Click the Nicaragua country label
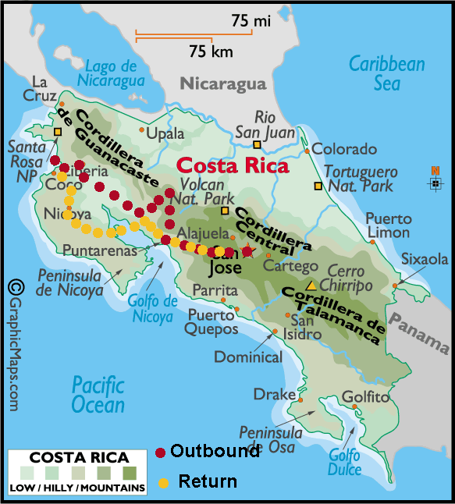[223, 83]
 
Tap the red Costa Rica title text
[232, 165]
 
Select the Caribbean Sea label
[386, 73]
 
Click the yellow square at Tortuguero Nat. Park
[318, 186]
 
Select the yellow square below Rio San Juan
[256, 144]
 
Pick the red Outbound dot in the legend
[160, 452]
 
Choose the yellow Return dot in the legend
[163, 482]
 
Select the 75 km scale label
[211, 51]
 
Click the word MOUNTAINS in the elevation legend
[116, 488]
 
